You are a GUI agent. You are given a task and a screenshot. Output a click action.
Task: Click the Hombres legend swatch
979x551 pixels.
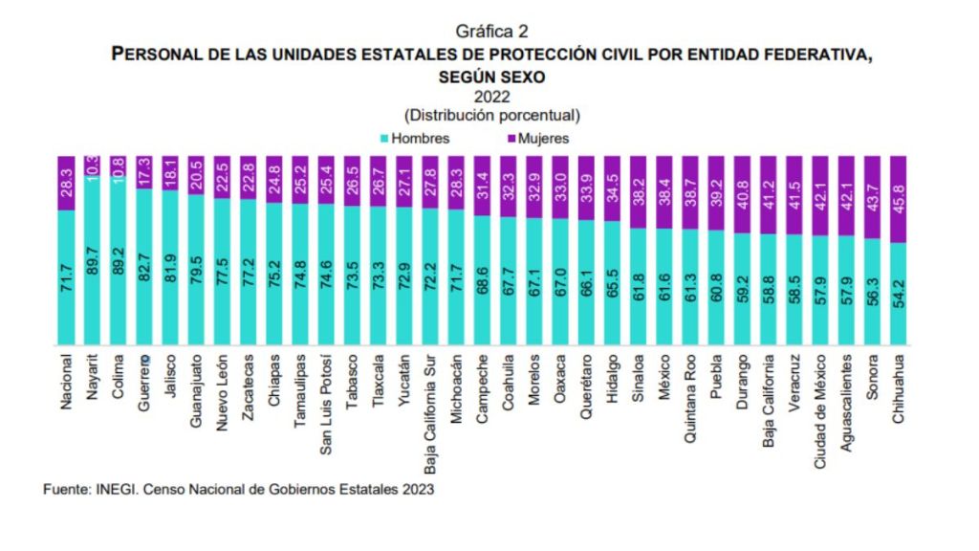tap(384, 139)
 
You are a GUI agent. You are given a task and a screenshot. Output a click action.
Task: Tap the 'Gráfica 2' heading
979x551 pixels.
tap(492, 32)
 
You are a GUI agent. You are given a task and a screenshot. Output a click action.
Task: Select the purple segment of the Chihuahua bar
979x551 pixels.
tap(898, 199)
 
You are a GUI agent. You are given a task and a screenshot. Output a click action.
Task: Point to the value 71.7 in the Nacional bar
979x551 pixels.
tap(67, 291)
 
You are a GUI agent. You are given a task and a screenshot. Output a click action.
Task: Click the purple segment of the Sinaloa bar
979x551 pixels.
tap(638, 191)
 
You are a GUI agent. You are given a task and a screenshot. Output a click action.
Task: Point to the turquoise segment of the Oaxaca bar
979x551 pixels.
tap(560, 282)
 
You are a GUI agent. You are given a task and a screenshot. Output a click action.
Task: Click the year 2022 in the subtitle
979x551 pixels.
tap(492, 97)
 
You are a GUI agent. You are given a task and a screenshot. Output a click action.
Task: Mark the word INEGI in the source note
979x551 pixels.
tap(117, 489)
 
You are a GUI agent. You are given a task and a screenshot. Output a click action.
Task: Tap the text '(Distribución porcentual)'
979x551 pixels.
tap(492, 115)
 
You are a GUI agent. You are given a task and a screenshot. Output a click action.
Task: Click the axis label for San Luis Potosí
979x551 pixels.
tap(326, 406)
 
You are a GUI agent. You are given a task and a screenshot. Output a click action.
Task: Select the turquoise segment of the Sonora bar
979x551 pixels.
tap(871, 292)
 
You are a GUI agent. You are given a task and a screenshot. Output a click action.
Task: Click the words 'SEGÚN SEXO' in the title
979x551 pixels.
tap(492, 76)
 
